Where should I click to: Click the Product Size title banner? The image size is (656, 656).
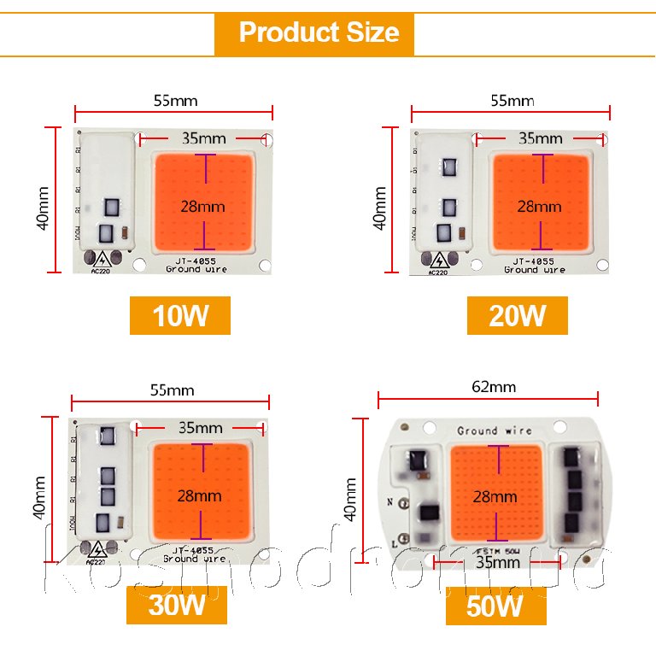(x=318, y=32)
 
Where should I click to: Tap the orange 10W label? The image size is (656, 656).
(x=180, y=316)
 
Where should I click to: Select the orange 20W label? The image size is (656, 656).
(x=517, y=316)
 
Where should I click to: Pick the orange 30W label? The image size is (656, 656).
(x=178, y=606)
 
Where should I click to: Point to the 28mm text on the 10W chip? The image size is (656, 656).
(x=203, y=206)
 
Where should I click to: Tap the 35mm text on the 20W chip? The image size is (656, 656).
(x=541, y=138)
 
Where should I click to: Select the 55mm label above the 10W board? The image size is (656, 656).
(x=175, y=101)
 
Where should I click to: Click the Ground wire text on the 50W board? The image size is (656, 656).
(x=495, y=431)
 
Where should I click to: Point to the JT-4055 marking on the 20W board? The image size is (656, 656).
(x=534, y=261)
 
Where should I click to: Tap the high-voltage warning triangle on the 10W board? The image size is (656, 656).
(x=102, y=260)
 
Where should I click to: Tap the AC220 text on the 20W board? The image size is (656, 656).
(x=436, y=273)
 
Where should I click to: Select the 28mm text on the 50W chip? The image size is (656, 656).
(x=495, y=496)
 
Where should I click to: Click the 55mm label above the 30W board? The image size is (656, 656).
(x=172, y=390)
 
